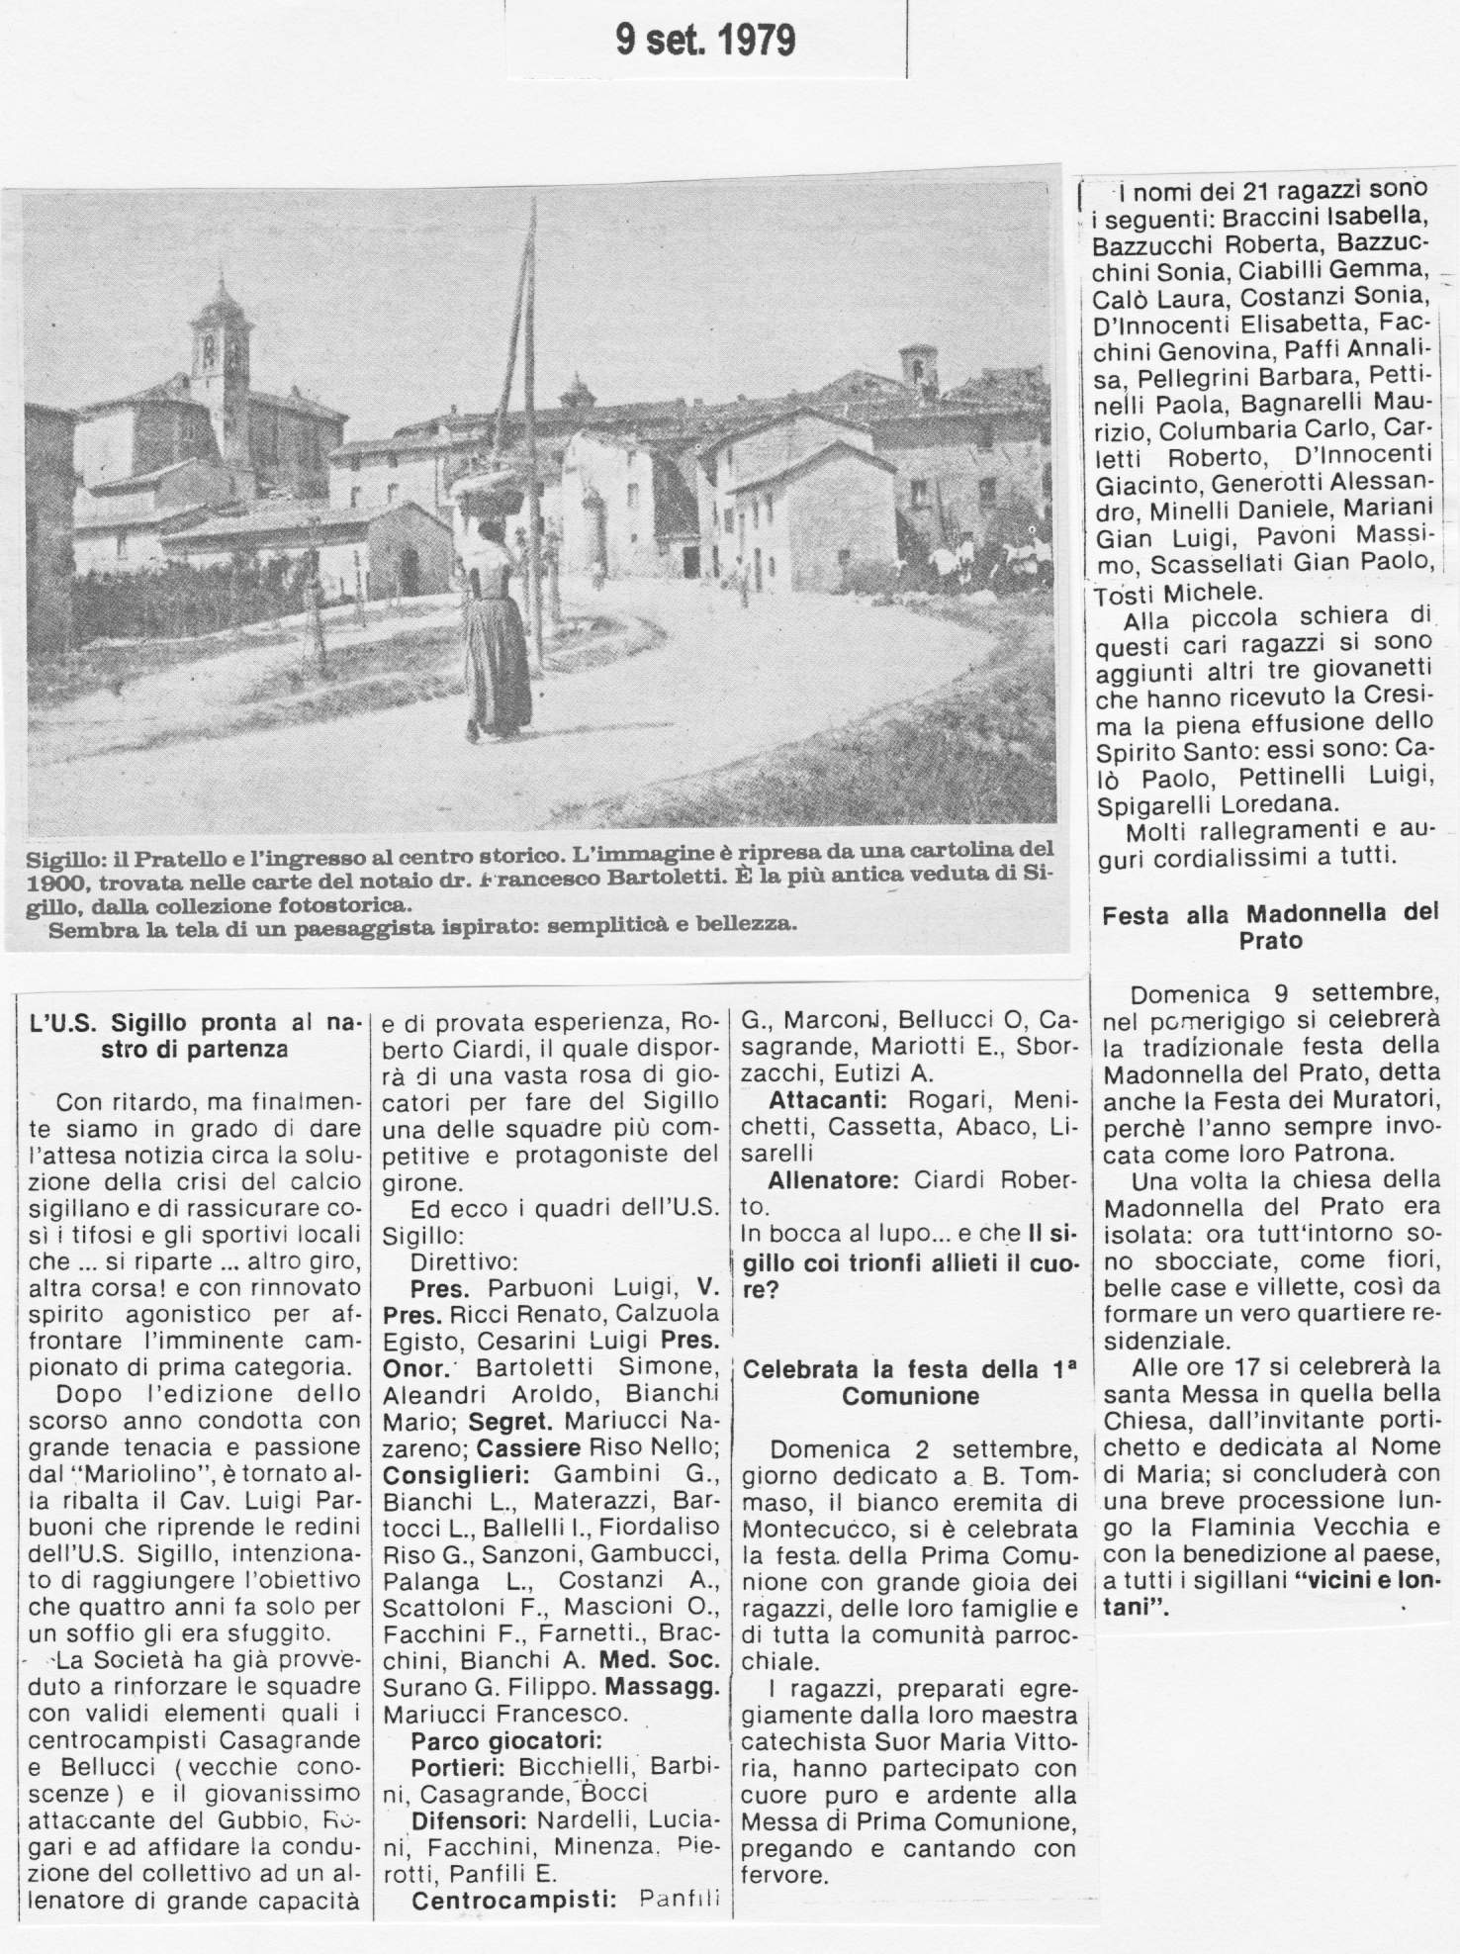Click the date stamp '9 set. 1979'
[x=705, y=41]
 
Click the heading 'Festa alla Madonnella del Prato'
[x=1270, y=927]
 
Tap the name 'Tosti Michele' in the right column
[x=1164, y=593]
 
